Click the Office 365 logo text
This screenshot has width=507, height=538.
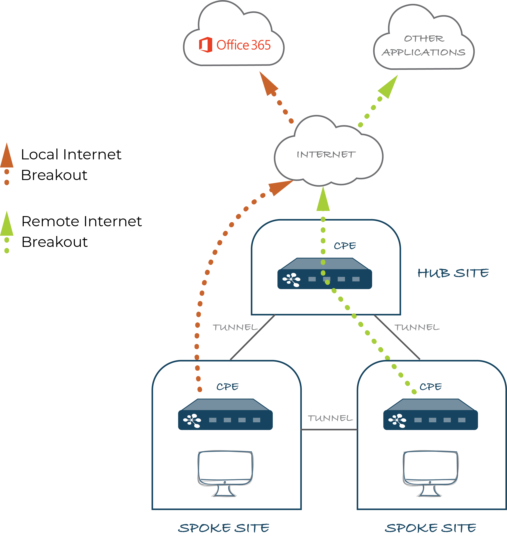click(243, 45)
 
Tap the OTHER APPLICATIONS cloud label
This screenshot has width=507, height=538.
click(424, 46)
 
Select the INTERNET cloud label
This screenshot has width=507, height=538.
click(326, 155)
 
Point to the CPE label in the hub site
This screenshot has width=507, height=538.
click(345, 246)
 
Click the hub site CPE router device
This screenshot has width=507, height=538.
click(325, 274)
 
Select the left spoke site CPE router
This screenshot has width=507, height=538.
click(225, 415)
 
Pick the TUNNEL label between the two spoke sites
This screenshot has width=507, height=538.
click(330, 418)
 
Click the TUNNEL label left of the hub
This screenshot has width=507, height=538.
click(235, 327)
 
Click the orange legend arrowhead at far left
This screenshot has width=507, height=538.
click(7, 156)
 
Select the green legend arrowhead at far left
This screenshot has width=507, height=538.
click(7, 225)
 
